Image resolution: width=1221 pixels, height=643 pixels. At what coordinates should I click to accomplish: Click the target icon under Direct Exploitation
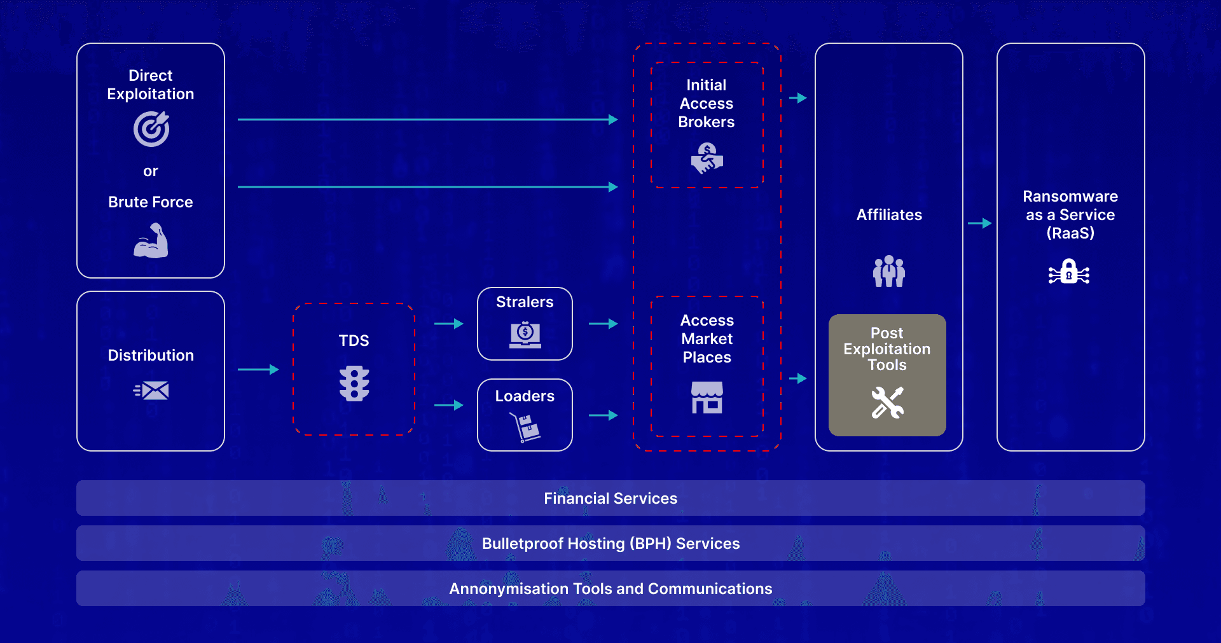coord(151,129)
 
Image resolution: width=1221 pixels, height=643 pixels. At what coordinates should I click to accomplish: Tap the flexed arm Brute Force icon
coord(151,241)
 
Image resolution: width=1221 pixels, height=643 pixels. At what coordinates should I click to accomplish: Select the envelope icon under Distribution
coord(151,391)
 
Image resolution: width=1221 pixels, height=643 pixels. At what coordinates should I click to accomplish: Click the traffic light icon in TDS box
coord(354,384)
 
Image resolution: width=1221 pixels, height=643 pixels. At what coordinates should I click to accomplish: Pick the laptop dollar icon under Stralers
coord(525,335)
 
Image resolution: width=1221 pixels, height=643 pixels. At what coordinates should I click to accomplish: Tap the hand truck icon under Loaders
coord(526,427)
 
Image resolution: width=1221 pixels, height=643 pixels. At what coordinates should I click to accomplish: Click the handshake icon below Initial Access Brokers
coord(707,158)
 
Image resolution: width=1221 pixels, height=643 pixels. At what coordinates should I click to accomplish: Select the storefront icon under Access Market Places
coord(707,398)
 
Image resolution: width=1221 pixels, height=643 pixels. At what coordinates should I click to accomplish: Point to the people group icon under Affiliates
coord(888,271)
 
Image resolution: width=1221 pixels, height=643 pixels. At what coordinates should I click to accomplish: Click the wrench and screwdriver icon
coord(887,403)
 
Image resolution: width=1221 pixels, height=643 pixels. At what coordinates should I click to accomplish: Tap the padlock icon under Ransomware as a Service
coord(1069,272)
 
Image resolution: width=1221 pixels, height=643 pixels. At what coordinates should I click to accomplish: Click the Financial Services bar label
coord(610,499)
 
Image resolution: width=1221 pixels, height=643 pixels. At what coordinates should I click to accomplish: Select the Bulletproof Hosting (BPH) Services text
coord(610,544)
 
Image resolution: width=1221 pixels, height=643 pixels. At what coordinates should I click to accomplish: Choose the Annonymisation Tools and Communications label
coord(610,589)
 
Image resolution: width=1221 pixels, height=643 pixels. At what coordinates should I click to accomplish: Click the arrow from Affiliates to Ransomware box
coord(980,223)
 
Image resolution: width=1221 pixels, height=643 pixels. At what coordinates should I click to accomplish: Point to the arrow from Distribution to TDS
coord(258,370)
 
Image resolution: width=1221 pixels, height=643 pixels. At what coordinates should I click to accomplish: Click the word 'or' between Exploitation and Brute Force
coord(151,171)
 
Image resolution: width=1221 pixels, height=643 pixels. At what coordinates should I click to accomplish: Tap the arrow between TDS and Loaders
coord(449,405)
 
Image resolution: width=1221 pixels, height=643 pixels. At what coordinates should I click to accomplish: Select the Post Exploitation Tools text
coord(887,349)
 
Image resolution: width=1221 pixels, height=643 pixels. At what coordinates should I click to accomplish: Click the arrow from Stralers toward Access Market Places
coord(604,324)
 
